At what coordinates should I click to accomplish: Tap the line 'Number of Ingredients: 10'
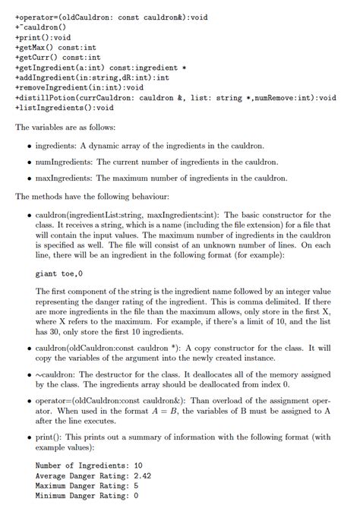point(89,465)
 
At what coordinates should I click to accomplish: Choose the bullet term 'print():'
point(49,437)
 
